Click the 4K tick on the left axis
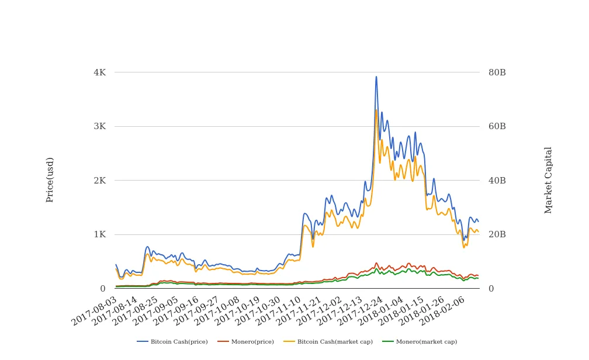[x=99, y=72]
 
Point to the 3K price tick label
[x=99, y=126]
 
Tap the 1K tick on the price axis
[x=99, y=234]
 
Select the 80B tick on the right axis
[x=497, y=72]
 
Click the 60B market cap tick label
[x=497, y=126]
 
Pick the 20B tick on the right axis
[x=497, y=234]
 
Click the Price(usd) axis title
[x=50, y=179]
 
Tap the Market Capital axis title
[x=548, y=180]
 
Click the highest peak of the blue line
[x=376, y=77]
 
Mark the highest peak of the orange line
[x=376, y=110]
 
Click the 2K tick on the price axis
[x=99, y=181]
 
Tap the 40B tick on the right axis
[x=497, y=181]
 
